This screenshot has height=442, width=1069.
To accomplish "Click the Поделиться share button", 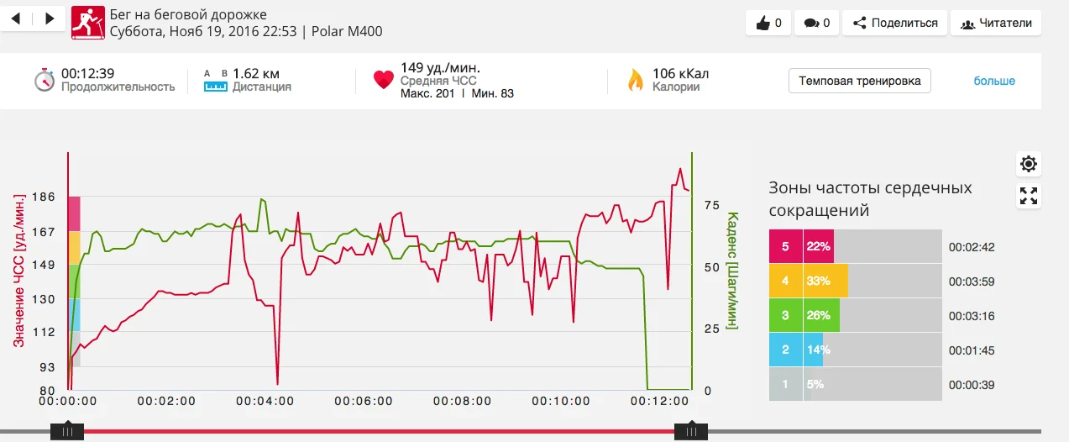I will point(894,23).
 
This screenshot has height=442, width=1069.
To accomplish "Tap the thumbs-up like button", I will point(768,23).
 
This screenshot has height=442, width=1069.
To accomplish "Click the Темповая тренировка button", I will point(859,81).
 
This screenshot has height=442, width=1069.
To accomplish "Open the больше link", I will point(994,81).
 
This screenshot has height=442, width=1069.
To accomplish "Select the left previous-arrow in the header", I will point(16,18).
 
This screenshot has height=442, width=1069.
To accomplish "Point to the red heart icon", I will point(383,80).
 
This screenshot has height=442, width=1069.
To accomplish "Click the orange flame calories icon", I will point(636,80).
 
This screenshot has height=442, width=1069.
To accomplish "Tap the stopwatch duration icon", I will point(45,80).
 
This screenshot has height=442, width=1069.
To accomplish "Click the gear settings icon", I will point(1029,164).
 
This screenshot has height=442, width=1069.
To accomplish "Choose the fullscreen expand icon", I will point(1029,197).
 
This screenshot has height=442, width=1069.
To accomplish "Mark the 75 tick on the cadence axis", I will point(711,204).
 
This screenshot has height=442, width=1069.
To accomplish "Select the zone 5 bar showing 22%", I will point(818,246).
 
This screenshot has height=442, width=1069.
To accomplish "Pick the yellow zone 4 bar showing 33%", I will point(825,281).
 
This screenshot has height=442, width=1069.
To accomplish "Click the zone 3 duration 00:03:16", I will point(972,316).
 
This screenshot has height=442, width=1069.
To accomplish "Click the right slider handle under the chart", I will point(691,431).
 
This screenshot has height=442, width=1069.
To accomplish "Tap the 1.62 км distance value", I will point(256,73).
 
